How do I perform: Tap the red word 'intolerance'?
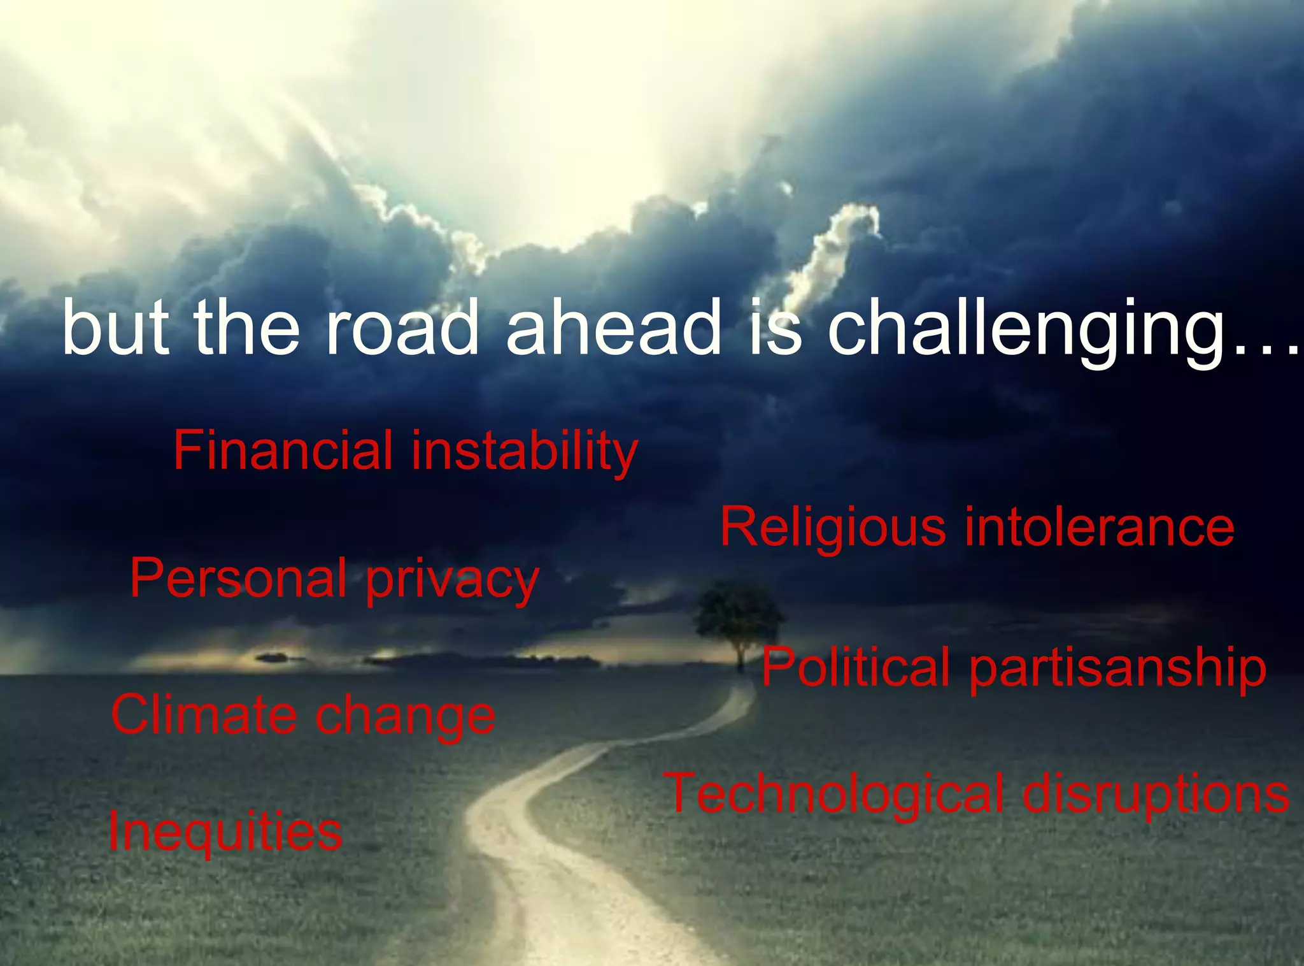click(1100, 527)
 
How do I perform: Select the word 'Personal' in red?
click(238, 578)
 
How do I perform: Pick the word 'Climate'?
click(204, 714)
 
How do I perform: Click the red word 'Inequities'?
click(225, 831)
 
